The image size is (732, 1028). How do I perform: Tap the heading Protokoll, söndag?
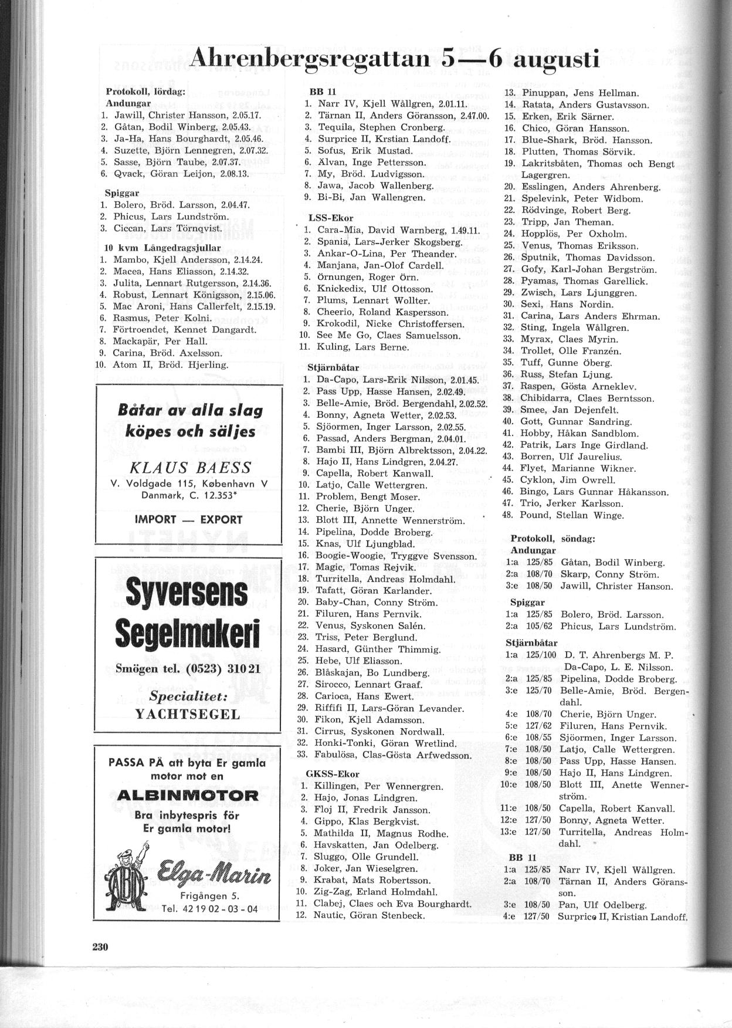coord(553,538)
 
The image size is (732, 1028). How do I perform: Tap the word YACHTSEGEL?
coord(188,714)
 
